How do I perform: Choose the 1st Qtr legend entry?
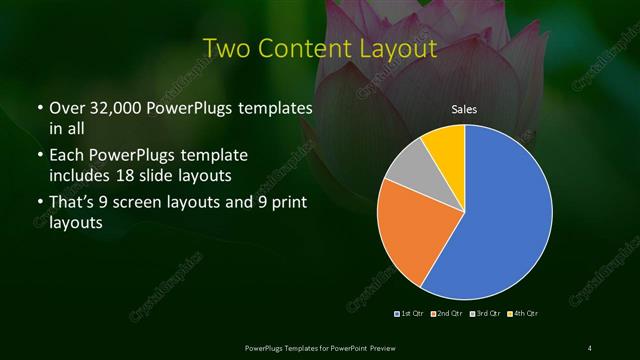click(411, 314)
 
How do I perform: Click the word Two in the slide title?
click(227, 48)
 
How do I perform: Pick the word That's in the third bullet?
click(73, 206)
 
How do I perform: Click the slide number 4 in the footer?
click(590, 347)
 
